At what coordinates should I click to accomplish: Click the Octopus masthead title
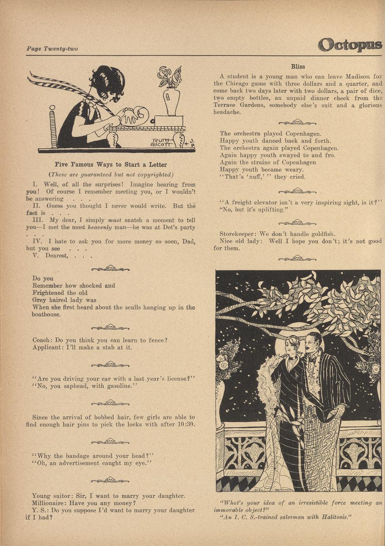click(x=350, y=44)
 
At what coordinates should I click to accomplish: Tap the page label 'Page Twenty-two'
click(x=52, y=49)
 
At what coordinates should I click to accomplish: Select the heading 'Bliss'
click(x=298, y=66)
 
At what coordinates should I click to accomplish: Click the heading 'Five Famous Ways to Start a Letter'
click(x=111, y=165)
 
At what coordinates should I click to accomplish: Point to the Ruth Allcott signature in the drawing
click(x=161, y=142)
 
